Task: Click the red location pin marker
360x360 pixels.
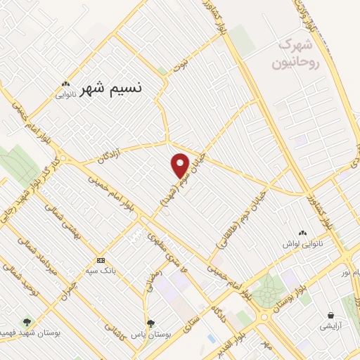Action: (181, 165)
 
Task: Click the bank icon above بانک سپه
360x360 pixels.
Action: (101, 259)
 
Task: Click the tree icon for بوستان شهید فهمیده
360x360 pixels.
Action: (27, 322)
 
